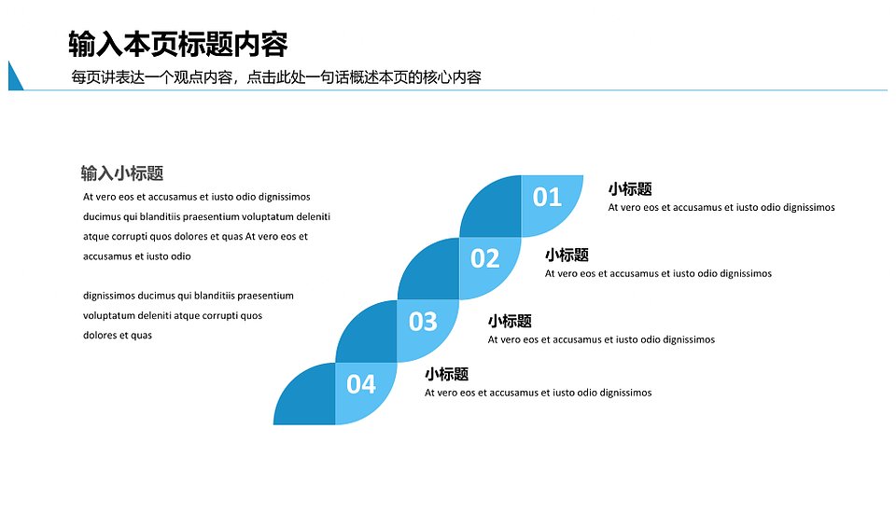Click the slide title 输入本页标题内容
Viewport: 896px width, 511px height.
coord(177,44)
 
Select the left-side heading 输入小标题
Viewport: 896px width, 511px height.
coord(122,173)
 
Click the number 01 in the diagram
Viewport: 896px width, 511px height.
coord(547,197)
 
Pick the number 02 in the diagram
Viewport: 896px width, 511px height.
coord(484,258)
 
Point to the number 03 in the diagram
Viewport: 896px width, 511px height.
coord(423,322)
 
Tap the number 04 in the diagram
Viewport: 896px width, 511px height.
coord(361,383)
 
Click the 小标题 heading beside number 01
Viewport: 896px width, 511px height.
coord(630,189)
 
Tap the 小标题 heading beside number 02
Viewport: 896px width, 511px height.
coord(567,255)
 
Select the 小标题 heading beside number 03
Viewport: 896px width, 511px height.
coord(510,321)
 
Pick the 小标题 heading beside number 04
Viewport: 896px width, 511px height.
coord(446,374)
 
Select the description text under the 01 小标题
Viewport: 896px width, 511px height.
coord(721,207)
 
